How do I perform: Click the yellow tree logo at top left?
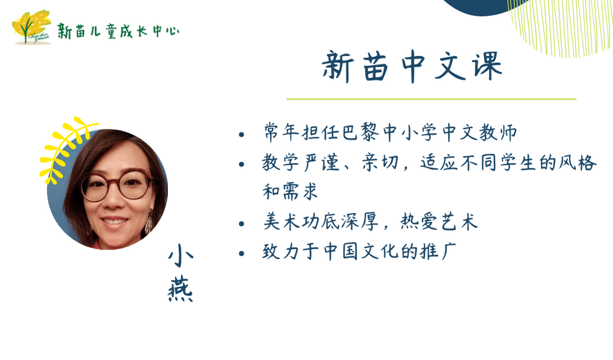point(32,27)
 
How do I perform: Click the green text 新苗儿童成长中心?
point(118,31)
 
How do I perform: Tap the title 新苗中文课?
point(412,67)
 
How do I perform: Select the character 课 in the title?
point(487,67)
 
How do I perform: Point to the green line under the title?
point(431,99)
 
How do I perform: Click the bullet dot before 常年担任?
point(241,135)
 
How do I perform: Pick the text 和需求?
point(290,192)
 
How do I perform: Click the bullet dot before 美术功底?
point(241,224)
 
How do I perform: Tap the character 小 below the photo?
point(181,256)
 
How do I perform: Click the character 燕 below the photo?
point(180,290)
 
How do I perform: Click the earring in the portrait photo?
point(150,223)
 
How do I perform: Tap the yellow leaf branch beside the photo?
point(65,148)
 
